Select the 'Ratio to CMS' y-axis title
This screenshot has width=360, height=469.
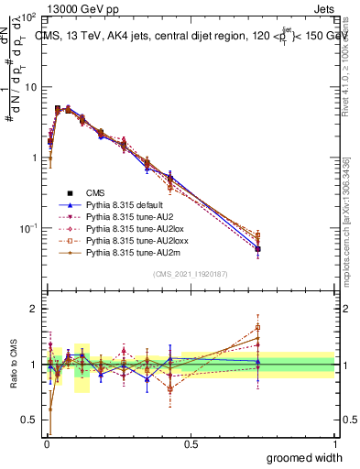[14, 365]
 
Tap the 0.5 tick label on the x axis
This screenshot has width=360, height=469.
[191, 443]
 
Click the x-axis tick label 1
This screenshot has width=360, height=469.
[334, 443]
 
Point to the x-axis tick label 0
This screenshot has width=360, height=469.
[46, 443]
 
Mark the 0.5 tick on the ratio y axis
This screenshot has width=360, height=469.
[33, 420]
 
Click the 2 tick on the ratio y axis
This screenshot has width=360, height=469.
[35, 309]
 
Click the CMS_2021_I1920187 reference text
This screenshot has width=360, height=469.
[190, 275]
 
